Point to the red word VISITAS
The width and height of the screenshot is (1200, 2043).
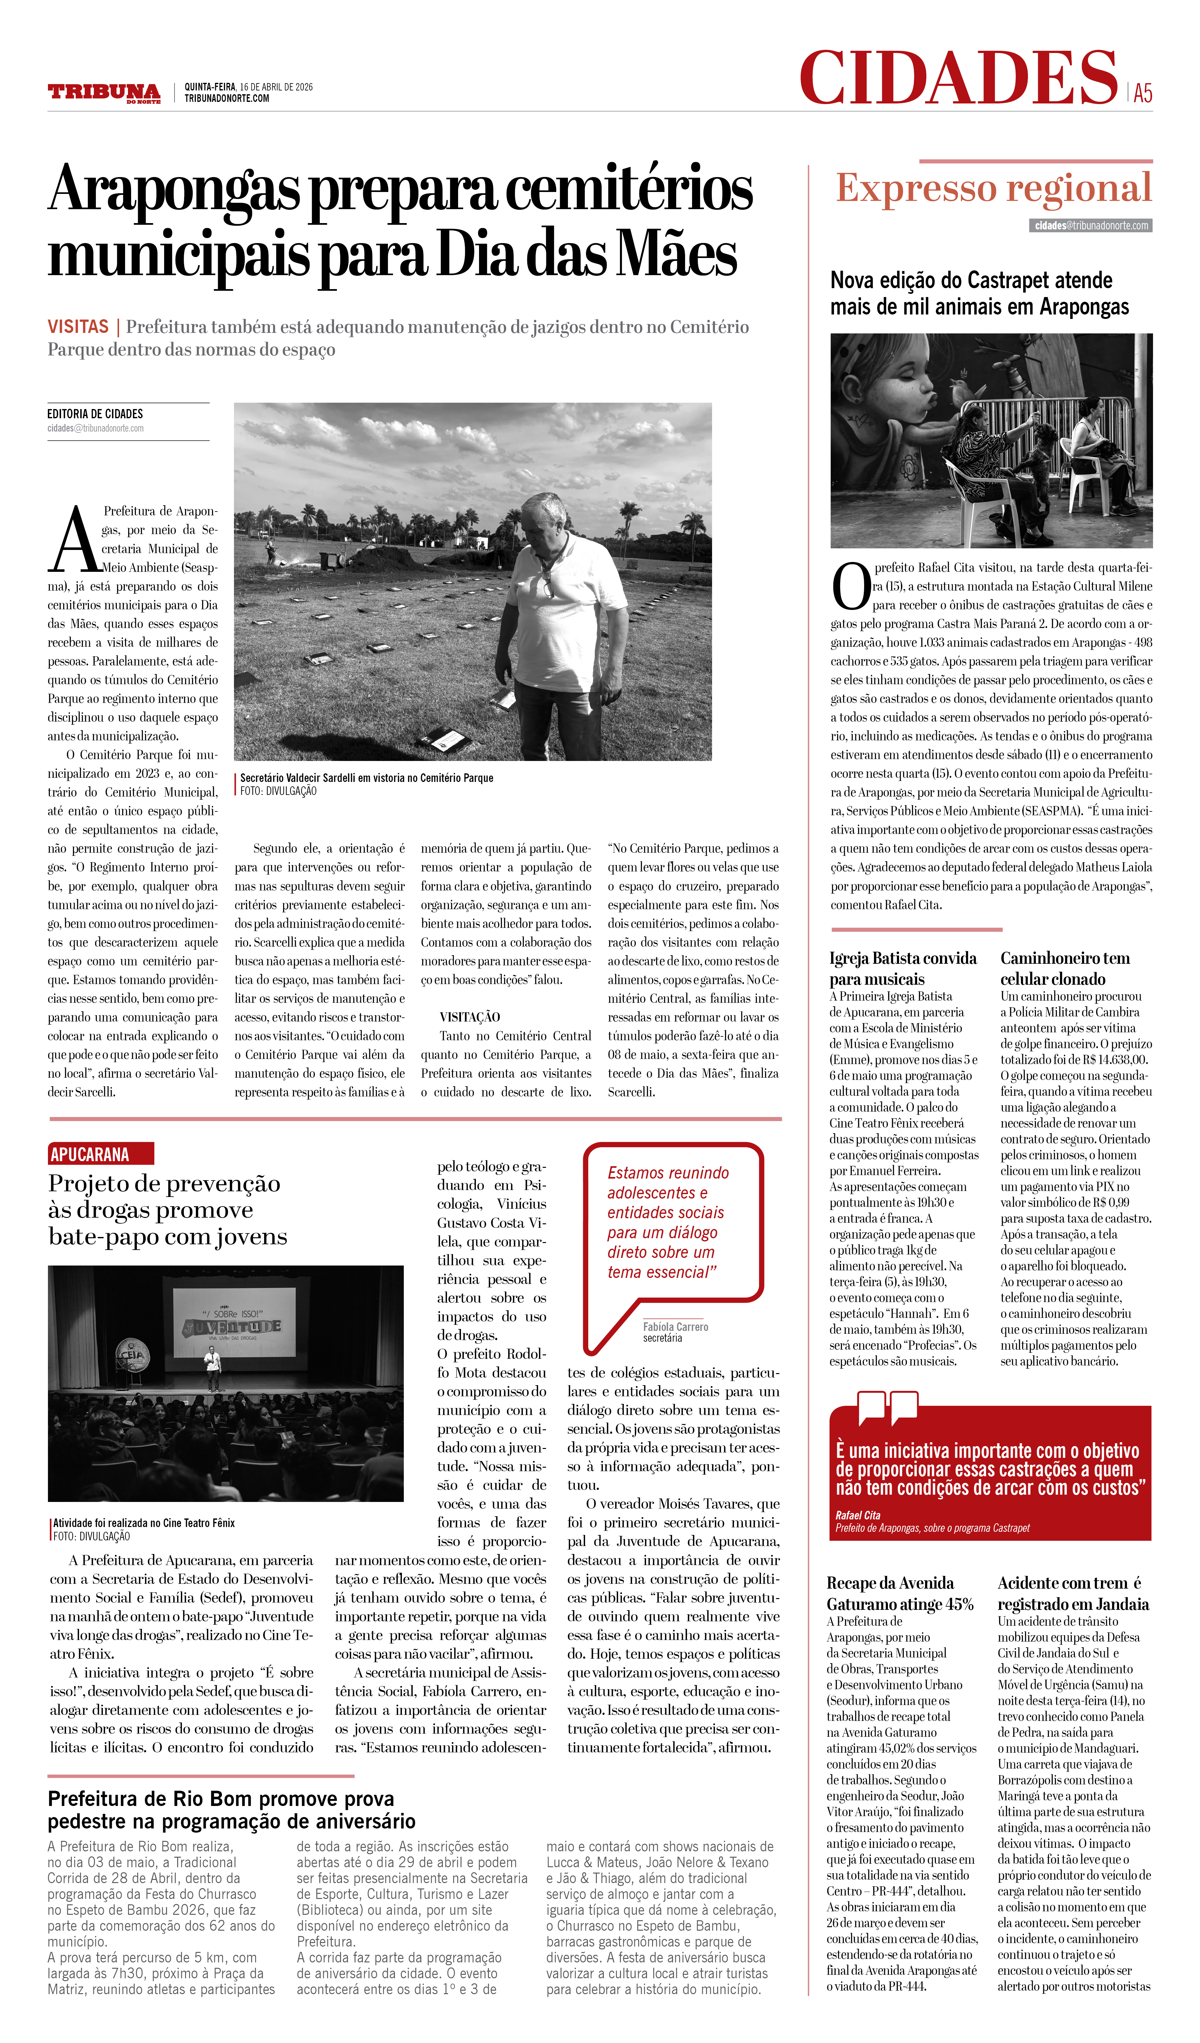pyautogui.click(x=78, y=327)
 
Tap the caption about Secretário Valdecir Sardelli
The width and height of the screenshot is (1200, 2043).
pyautogui.click(x=366, y=777)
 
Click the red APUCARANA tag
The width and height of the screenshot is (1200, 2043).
pyautogui.click(x=101, y=1154)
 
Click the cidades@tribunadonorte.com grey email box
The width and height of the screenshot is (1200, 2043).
pyautogui.click(x=1091, y=225)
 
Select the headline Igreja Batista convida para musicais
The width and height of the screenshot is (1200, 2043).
pyautogui.click(x=903, y=968)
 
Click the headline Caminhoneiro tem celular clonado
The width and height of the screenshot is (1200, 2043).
pyautogui.click(x=1064, y=968)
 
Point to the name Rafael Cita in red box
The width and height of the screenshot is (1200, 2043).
pyautogui.click(x=858, y=1514)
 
